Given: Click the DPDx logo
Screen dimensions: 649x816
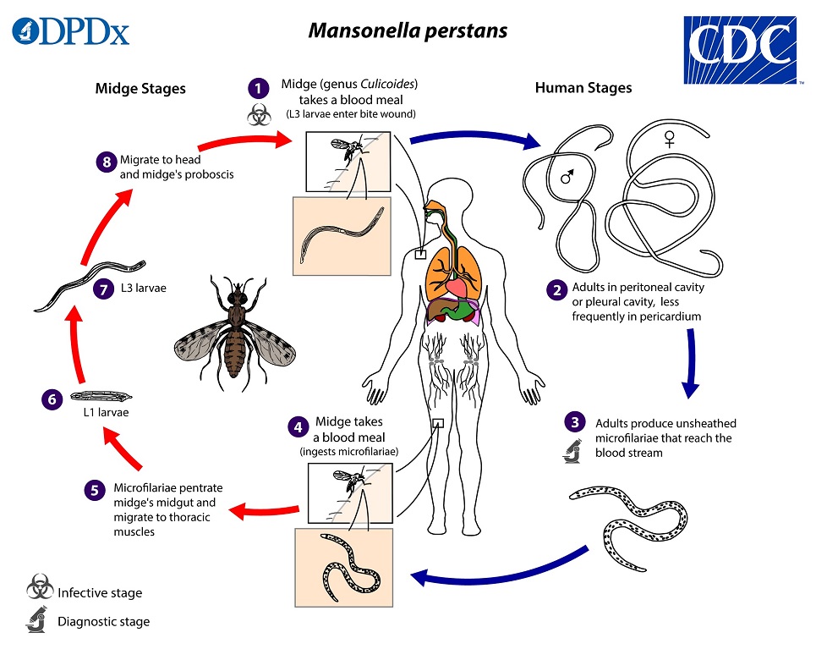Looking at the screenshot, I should coord(71,32).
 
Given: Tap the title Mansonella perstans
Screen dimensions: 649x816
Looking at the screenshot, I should coord(408,31).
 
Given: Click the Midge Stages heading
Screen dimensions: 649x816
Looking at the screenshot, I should coord(140,88).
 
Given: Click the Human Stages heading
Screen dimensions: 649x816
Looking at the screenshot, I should coord(583,88).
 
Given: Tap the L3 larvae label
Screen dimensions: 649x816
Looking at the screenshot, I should coord(144,289).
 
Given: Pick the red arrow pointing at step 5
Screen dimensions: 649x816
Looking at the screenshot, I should coord(263,509).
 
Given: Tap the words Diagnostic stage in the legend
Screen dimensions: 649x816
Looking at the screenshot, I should coord(103,622).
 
